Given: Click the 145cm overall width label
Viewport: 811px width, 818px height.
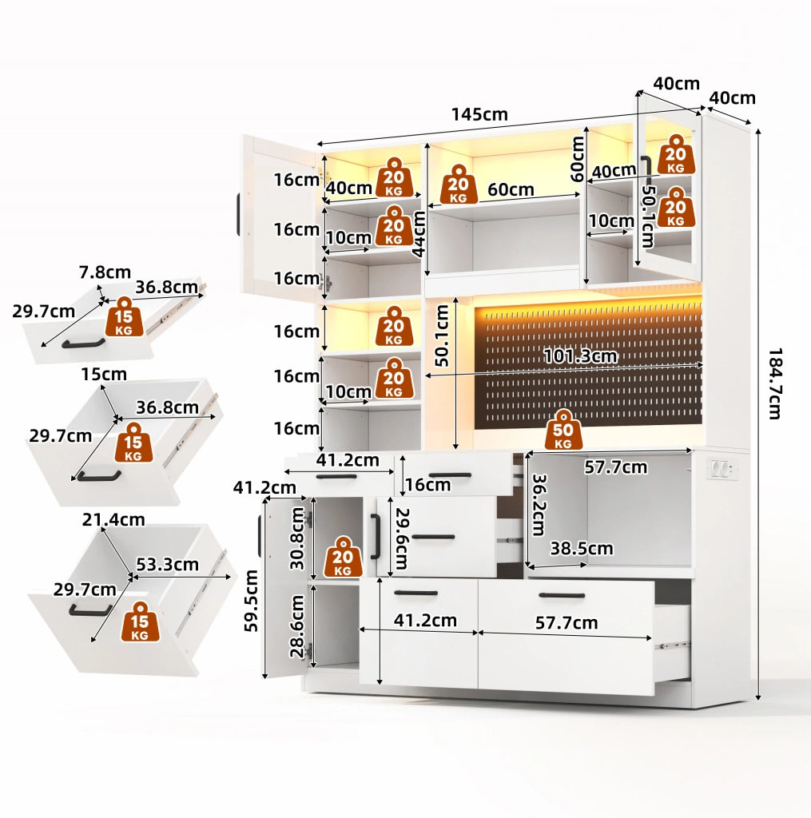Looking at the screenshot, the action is (x=479, y=114).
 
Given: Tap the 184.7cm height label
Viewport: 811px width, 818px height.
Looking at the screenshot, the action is (x=776, y=383).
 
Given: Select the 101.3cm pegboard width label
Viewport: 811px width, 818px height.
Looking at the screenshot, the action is (x=580, y=356).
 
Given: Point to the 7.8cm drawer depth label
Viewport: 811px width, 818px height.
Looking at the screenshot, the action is (x=105, y=272).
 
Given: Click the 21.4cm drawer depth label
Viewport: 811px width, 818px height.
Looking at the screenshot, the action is (x=113, y=519).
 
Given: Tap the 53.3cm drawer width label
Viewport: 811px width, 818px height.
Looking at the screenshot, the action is (x=167, y=565).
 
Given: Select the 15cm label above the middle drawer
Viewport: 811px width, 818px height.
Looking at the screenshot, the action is (x=104, y=374).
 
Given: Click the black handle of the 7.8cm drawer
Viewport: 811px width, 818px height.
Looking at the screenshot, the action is (x=84, y=343).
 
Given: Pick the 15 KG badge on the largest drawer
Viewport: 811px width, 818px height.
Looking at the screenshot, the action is (x=140, y=621).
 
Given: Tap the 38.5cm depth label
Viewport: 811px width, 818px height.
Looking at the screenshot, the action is (x=582, y=548).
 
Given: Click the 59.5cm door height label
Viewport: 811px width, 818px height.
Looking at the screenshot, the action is (x=251, y=601).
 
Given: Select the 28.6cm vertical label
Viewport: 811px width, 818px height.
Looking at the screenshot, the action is (x=297, y=626).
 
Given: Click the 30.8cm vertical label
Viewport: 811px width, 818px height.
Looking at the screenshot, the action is (x=297, y=538).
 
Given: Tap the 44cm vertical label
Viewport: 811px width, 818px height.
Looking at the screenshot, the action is (x=419, y=234).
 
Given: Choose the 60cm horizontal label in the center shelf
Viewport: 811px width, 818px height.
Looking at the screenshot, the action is (x=511, y=189).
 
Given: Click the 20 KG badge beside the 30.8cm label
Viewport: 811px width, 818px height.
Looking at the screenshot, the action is (x=343, y=557).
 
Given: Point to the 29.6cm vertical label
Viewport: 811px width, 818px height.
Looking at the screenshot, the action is (x=402, y=538).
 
